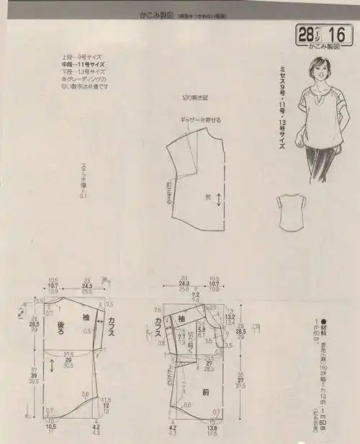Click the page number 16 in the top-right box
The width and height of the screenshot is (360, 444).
(x=336, y=34)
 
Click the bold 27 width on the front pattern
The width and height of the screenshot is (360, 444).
(x=210, y=364)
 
